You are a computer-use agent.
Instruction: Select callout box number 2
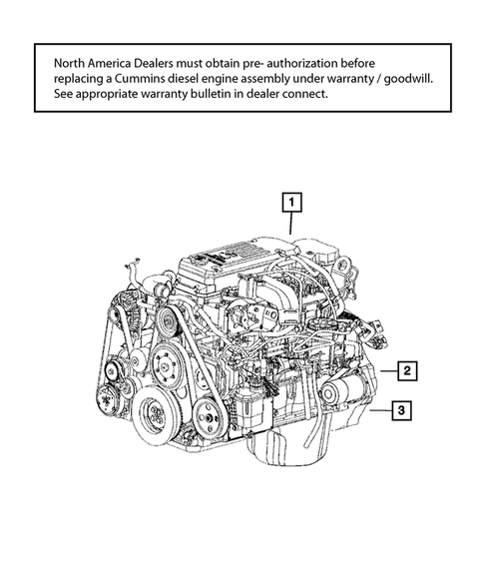[407, 371]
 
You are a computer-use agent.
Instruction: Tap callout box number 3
[399, 409]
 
